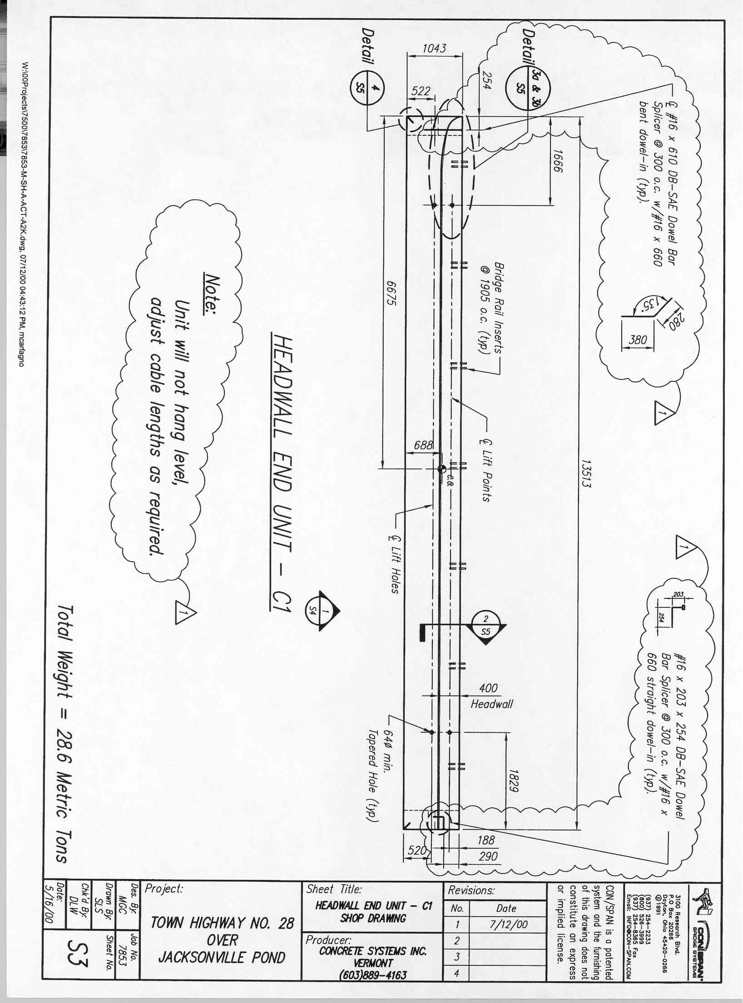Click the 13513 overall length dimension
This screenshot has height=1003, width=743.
point(587,472)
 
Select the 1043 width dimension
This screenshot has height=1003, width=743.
point(434,48)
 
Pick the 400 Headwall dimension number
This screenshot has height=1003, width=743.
point(489,687)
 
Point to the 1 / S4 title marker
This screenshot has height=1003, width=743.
point(321,611)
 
